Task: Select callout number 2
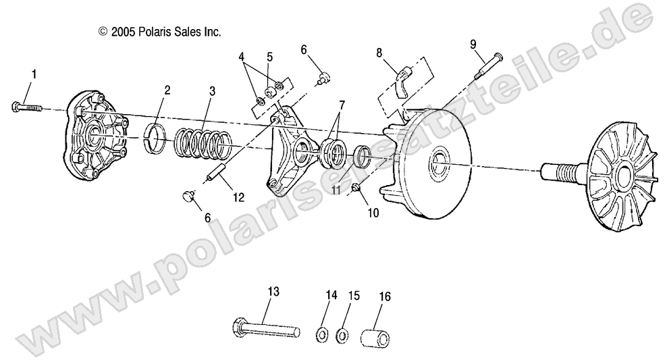167,90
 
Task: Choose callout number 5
269,56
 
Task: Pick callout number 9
473,44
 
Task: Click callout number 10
373,213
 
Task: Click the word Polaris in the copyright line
155,31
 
